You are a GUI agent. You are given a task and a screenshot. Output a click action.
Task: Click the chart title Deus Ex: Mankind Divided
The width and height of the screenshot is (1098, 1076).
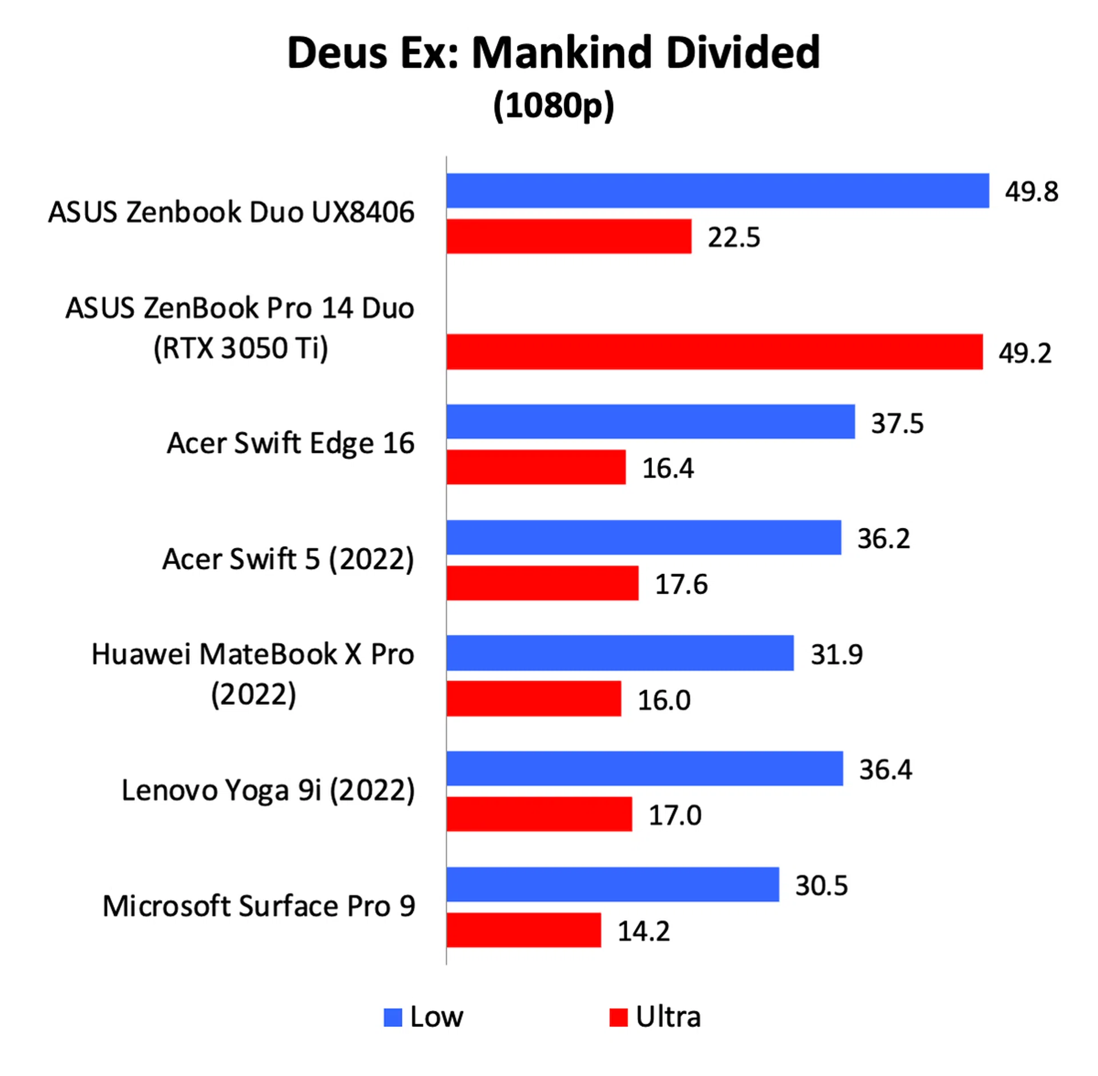(553, 53)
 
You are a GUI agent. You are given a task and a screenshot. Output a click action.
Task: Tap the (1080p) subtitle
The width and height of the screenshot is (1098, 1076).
(553, 106)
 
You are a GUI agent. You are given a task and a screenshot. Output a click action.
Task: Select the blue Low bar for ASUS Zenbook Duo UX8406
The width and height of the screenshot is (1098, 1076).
(717, 190)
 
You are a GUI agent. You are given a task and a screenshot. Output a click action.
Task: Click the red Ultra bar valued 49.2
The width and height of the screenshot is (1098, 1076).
(714, 352)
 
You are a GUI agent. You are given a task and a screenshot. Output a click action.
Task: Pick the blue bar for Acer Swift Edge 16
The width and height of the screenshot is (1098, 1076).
(650, 421)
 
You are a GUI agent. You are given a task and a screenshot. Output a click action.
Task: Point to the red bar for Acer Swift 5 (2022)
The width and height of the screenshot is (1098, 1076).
(542, 583)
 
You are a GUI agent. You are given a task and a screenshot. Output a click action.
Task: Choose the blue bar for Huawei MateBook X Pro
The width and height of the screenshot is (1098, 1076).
(620, 652)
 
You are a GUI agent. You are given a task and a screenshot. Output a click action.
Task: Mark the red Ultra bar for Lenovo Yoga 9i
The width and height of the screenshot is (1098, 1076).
(539, 814)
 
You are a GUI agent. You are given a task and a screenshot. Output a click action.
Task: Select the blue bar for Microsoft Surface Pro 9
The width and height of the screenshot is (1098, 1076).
(612, 884)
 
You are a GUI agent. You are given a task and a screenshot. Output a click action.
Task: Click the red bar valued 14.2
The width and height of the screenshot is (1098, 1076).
(524, 930)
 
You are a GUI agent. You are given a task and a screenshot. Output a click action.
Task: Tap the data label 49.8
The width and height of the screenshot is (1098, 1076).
(1031, 192)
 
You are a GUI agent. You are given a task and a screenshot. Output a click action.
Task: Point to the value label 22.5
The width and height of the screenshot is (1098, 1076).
(734, 237)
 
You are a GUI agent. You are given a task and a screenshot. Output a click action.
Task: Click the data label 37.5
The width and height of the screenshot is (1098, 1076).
(897, 423)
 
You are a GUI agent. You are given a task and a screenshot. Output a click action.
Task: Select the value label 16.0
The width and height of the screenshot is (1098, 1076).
(663, 700)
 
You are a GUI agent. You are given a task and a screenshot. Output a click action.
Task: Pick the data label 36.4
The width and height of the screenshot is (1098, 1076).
(885, 769)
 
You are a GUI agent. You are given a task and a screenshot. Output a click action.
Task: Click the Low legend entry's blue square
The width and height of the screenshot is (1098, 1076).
(393, 1017)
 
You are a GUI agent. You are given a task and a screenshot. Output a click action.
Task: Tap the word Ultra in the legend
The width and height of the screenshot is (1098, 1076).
(667, 1017)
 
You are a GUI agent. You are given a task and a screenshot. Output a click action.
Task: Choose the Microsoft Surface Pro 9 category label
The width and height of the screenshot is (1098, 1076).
(258, 906)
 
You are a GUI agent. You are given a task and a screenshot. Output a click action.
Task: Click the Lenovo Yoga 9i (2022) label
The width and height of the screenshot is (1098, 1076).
(268, 790)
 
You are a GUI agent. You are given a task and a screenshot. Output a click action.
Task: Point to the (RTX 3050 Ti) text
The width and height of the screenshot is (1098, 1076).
(240, 348)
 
